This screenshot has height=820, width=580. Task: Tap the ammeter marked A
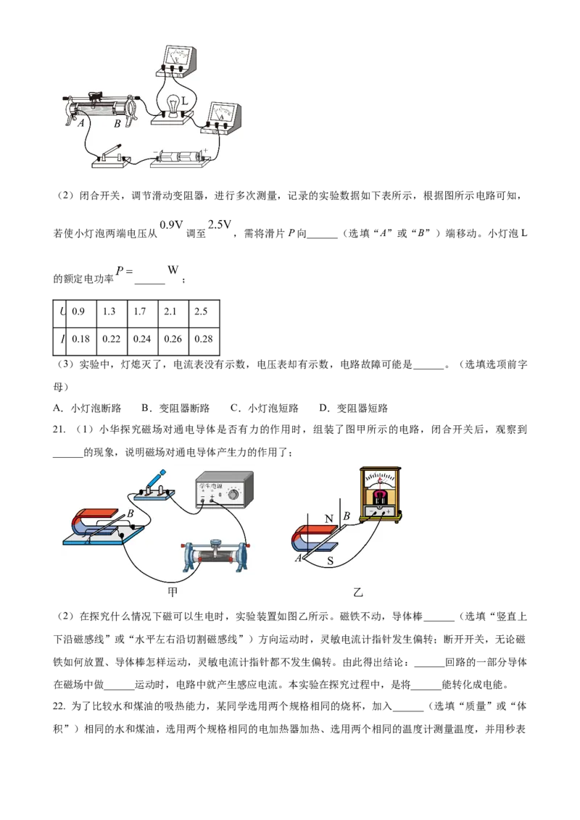click(223, 117)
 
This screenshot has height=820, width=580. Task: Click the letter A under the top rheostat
click(82, 123)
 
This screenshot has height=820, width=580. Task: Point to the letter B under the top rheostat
click(117, 123)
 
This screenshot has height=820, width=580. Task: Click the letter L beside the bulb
click(185, 102)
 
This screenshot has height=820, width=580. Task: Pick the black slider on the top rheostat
click(95, 96)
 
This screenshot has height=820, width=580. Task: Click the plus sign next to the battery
click(207, 151)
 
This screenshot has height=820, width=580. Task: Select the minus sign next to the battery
click(154, 153)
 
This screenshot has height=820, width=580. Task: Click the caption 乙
click(357, 592)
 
